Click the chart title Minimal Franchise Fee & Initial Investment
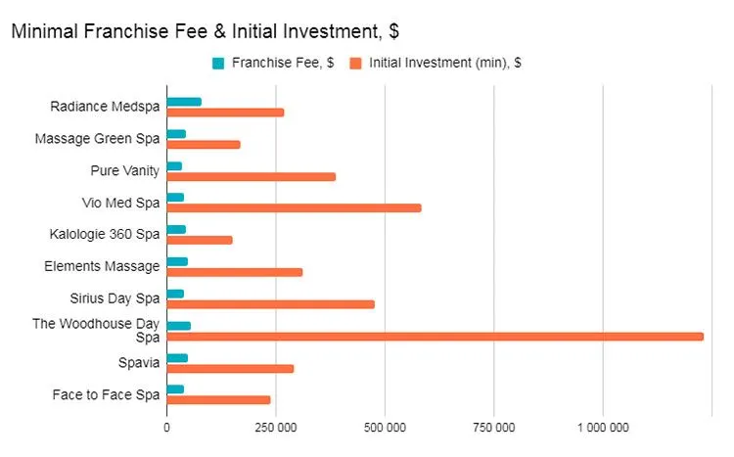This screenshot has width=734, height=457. click(x=205, y=31)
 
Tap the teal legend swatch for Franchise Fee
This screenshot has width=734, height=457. click(x=217, y=64)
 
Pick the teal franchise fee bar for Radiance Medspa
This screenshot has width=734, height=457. click(x=184, y=102)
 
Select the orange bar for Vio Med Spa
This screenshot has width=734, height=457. click(x=294, y=207)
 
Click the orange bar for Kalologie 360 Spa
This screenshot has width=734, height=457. click(x=200, y=240)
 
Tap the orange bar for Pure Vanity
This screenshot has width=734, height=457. click(x=252, y=176)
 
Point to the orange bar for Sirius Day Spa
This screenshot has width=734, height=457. click(x=270, y=304)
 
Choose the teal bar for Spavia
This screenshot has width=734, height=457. click(x=177, y=358)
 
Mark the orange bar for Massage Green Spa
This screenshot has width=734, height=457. click(x=204, y=145)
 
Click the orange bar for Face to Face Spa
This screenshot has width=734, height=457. click(x=218, y=399)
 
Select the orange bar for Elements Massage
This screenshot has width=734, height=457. click(x=235, y=272)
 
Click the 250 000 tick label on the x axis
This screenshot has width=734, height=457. click(x=276, y=428)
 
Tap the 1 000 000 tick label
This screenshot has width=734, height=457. click(x=603, y=428)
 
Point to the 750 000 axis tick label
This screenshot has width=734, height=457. click(x=494, y=428)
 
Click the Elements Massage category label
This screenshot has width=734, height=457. click(x=102, y=266)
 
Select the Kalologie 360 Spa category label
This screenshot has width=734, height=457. click(x=104, y=235)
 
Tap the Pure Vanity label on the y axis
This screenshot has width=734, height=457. click(x=124, y=170)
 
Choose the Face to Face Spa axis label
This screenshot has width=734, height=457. click(x=106, y=394)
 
